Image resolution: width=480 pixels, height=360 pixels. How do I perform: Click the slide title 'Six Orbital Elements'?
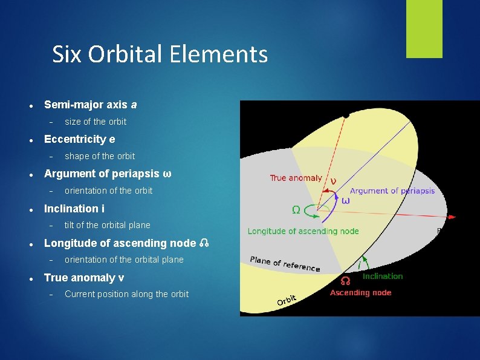tap(160, 54)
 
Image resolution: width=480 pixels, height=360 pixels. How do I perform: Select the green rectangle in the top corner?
tap(424, 29)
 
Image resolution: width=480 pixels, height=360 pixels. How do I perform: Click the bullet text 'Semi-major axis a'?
tap(90, 105)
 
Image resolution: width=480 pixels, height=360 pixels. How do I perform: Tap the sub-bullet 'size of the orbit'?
tap(96, 122)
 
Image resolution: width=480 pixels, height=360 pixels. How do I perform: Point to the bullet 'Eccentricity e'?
tap(79, 139)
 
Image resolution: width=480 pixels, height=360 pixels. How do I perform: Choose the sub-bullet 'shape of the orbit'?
tap(100, 156)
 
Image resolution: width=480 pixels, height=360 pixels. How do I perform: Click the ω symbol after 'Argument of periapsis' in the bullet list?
tap(167, 174)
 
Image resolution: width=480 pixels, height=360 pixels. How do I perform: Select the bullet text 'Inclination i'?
tap(74, 209)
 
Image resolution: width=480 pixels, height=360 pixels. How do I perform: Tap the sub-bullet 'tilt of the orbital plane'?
tap(108, 225)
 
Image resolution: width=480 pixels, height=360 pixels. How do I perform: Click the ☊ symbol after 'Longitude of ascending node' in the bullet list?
tap(204, 244)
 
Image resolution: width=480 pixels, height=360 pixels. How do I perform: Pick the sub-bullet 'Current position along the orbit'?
tap(126, 294)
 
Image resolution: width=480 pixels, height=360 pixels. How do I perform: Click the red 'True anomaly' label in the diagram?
tap(296, 178)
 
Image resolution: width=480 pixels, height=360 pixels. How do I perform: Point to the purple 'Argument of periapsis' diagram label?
tap(392, 191)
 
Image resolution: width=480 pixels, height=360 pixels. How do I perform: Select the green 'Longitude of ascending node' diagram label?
tap(303, 231)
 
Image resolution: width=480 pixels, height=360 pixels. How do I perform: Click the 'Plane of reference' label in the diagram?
tap(285, 264)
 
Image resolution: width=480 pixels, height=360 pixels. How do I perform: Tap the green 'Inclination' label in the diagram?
tap(382, 277)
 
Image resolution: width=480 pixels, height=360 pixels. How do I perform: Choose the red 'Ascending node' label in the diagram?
tap(360, 293)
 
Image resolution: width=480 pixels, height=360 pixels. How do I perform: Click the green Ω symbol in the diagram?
tap(297, 210)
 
